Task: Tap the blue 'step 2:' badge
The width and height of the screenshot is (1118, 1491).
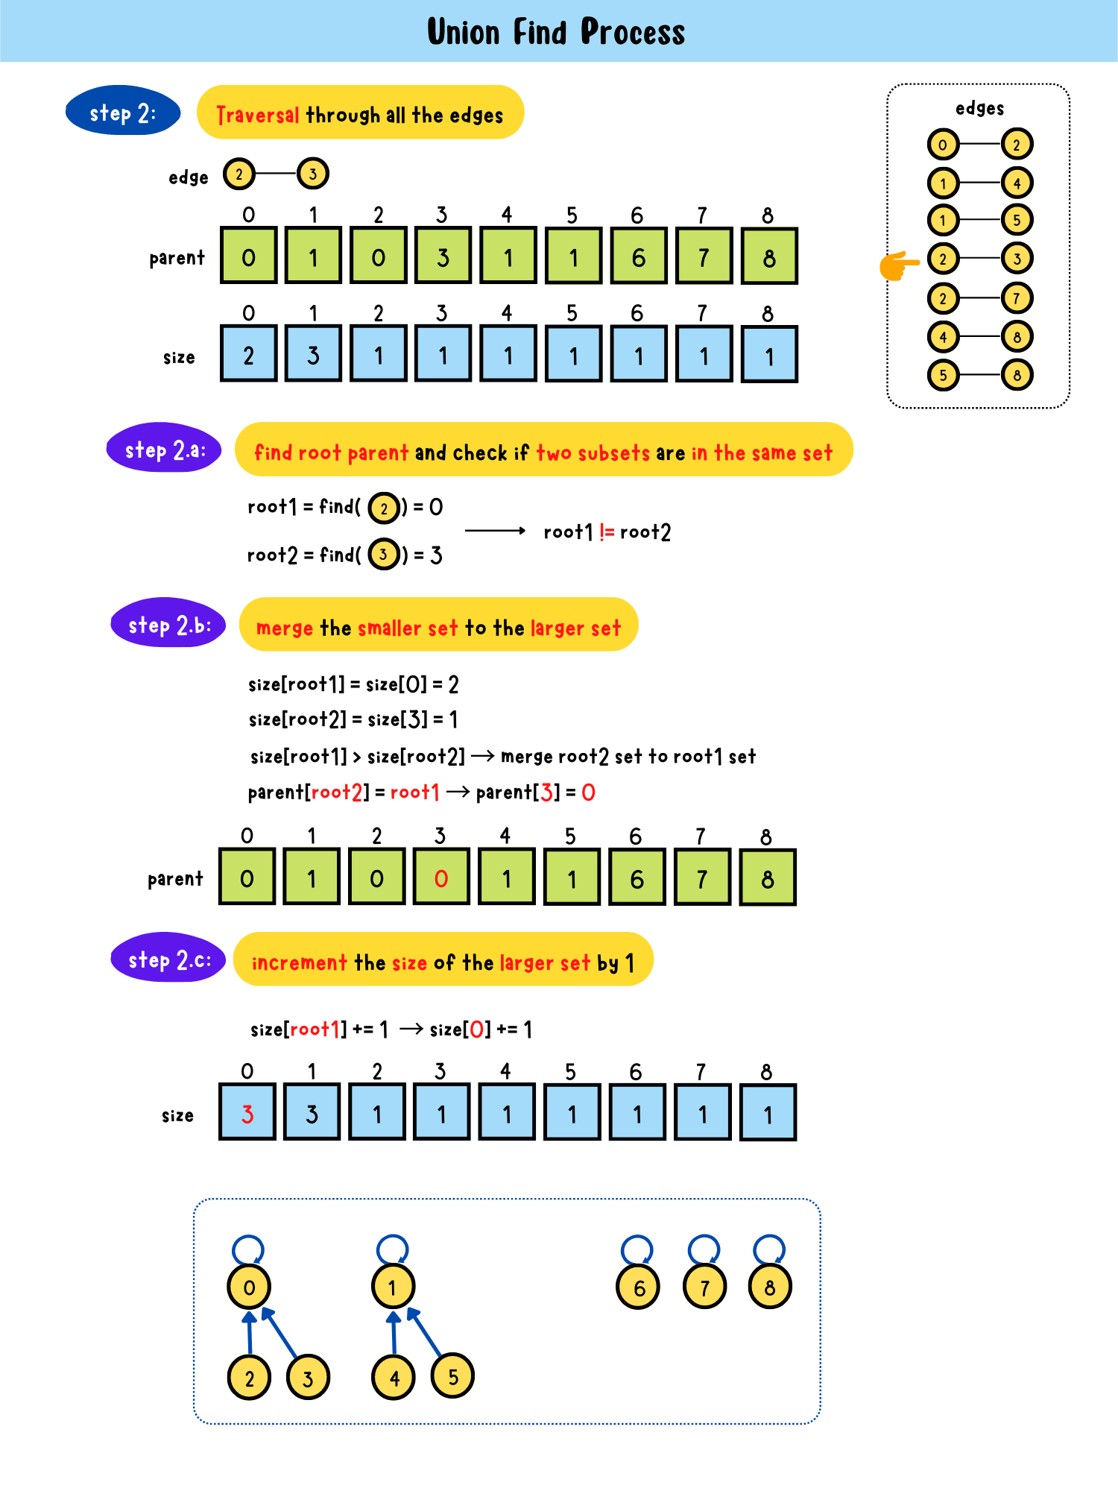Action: (x=123, y=112)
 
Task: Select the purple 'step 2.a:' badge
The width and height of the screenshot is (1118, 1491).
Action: (x=164, y=449)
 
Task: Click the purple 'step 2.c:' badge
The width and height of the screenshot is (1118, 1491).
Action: (x=168, y=959)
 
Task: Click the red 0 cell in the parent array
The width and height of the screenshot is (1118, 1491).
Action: (x=441, y=878)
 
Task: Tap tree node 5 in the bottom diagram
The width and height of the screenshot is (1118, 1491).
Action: (x=452, y=1376)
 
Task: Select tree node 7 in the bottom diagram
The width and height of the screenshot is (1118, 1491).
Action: (x=704, y=1287)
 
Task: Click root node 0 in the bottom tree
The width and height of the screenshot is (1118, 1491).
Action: (x=249, y=1287)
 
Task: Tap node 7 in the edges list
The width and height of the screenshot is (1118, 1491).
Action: (x=1017, y=298)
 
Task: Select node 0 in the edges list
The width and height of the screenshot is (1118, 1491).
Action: (x=943, y=145)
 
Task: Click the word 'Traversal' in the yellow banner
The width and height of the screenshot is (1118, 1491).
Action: (x=258, y=115)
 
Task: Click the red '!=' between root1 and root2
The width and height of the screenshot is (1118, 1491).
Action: (x=607, y=532)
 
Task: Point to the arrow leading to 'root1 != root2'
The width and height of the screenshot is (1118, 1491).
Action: (x=496, y=531)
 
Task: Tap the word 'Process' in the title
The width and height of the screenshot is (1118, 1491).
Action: (x=632, y=32)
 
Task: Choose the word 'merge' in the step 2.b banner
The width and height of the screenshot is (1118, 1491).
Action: (x=284, y=628)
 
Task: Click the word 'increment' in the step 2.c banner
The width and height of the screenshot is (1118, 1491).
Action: (x=300, y=962)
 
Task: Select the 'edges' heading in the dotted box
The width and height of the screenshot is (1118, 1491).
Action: (x=979, y=109)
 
